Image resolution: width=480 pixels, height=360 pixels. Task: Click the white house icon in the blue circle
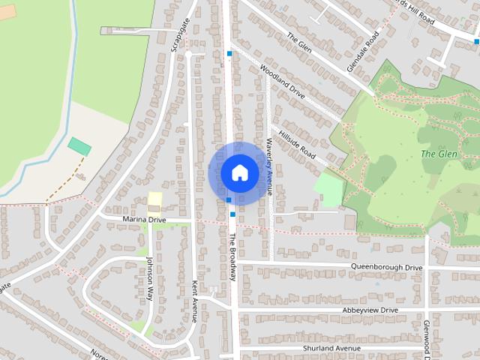click(x=239, y=172)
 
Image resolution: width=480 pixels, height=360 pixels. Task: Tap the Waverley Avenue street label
click(x=269, y=166)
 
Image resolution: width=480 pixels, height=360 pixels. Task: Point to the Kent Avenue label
click(x=193, y=300)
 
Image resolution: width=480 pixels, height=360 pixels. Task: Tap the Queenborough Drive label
click(x=387, y=266)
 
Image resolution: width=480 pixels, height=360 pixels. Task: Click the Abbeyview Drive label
click(x=370, y=310)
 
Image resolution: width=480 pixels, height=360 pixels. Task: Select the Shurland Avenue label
click(x=331, y=349)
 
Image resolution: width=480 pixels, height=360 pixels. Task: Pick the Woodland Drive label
click(x=282, y=82)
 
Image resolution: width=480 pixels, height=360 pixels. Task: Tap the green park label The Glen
click(x=438, y=154)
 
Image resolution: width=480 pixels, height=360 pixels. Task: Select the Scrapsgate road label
click(x=178, y=34)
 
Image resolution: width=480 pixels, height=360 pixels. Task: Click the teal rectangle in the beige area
click(x=79, y=146)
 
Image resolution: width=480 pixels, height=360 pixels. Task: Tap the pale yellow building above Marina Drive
click(x=154, y=199)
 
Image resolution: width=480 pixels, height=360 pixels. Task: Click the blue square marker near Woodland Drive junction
click(x=229, y=53)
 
